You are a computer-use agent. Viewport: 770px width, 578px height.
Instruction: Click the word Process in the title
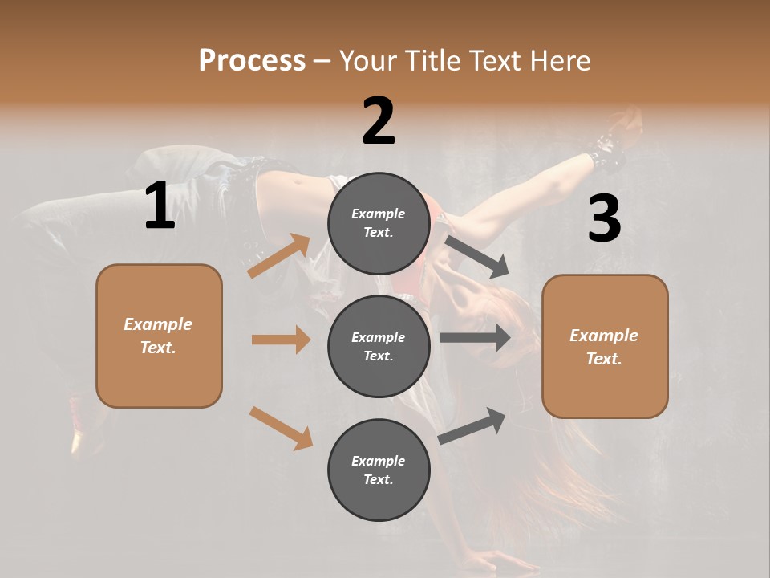point(252,61)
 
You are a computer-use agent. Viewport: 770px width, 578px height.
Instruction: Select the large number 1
point(160,206)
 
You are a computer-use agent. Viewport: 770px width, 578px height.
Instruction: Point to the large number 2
point(379,121)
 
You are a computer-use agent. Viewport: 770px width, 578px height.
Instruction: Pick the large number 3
point(604,218)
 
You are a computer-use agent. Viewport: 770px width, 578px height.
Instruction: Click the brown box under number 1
point(159,336)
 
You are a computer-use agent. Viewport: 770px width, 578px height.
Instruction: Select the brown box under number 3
point(605,346)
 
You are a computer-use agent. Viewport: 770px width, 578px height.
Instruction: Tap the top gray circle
point(379,223)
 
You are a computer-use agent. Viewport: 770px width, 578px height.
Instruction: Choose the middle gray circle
point(379,346)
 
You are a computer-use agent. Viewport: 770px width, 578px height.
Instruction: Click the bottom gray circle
point(379,470)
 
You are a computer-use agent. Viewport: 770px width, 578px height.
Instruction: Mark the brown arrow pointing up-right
point(279,256)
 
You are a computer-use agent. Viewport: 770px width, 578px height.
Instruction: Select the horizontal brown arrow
point(281,340)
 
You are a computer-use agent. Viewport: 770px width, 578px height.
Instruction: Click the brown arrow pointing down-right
point(281,427)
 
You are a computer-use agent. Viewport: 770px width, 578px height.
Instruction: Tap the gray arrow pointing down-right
point(476,256)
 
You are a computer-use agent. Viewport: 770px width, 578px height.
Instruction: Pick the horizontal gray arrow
point(475,338)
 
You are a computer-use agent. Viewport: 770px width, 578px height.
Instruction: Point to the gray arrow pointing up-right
point(472,425)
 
